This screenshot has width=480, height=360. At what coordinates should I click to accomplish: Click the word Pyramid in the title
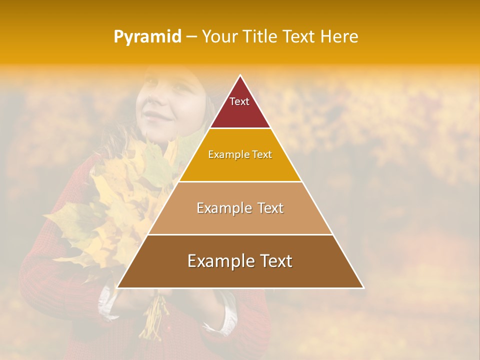coord(147,37)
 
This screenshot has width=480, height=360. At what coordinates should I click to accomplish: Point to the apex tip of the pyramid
coord(240,76)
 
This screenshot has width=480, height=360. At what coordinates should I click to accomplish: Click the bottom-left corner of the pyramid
coord(118,287)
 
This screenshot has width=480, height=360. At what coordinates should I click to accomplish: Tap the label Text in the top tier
coord(239,101)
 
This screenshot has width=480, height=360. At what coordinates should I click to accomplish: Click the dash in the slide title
coord(192,37)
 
